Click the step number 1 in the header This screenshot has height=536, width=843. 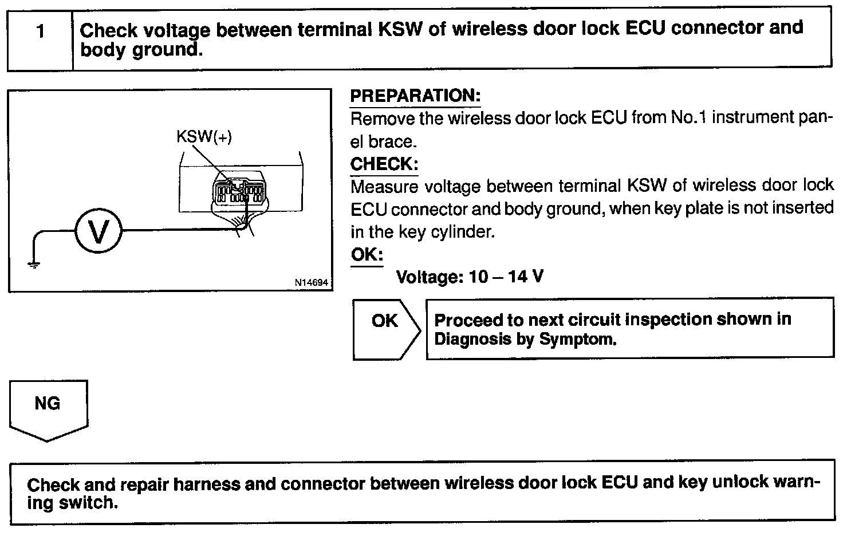(x=40, y=31)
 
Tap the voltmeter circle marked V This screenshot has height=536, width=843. (x=99, y=231)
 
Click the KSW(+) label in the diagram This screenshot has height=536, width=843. (x=204, y=137)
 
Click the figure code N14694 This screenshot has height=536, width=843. (x=312, y=282)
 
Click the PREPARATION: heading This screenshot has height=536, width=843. (x=415, y=96)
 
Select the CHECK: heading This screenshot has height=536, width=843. (x=384, y=164)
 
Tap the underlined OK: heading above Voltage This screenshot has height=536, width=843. (x=367, y=255)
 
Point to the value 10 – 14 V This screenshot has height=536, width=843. (x=506, y=277)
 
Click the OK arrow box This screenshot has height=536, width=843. (x=385, y=329)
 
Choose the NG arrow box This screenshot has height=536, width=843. (x=48, y=408)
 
